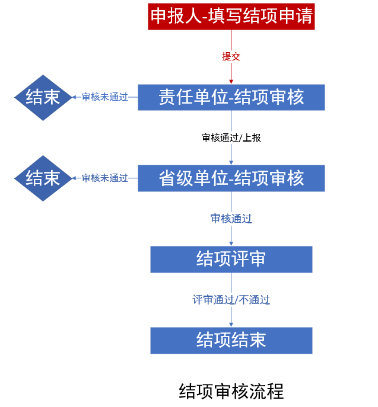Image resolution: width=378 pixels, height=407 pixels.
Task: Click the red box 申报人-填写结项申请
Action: pyautogui.click(x=231, y=15)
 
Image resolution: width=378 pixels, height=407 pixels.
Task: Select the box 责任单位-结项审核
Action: pyautogui.click(x=231, y=97)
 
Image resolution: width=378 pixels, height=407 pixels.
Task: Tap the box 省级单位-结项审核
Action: pyautogui.click(x=231, y=178)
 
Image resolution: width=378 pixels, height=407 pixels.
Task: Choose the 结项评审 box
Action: pyautogui.click(x=231, y=259)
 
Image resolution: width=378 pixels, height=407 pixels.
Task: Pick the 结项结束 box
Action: pyautogui.click(x=231, y=340)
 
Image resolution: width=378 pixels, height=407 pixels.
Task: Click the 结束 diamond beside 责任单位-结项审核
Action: pyautogui.click(x=43, y=97)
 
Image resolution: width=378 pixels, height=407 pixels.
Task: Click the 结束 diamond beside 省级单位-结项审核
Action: pyautogui.click(x=43, y=178)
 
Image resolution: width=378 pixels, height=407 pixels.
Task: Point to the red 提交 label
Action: pyautogui.click(x=231, y=57)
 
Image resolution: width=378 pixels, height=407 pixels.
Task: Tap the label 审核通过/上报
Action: pyautogui.click(x=231, y=137)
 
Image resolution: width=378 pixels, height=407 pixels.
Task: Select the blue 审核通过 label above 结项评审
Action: pyautogui.click(x=231, y=219)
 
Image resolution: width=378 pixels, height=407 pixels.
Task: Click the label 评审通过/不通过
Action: pyautogui.click(x=231, y=300)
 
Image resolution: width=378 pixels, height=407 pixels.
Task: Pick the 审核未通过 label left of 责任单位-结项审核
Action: pyautogui.click(x=105, y=97)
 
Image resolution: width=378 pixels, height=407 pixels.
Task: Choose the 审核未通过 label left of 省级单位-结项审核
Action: pyautogui.click(x=105, y=178)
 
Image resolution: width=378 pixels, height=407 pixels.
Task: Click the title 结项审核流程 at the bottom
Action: pyautogui.click(x=231, y=392)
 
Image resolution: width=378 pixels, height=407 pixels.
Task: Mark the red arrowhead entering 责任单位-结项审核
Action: pyautogui.click(x=231, y=82)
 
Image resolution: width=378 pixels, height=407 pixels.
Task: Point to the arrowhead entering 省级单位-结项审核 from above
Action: pyautogui.click(x=231, y=162)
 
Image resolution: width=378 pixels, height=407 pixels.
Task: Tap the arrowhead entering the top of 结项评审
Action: pyautogui.click(x=231, y=243)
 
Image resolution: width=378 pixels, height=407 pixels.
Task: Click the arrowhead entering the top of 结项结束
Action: pyautogui.click(x=231, y=325)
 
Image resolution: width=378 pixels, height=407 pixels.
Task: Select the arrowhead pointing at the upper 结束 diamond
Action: pyautogui.click(x=74, y=97)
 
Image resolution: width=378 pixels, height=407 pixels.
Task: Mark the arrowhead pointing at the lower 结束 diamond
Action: pyautogui.click(x=74, y=178)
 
